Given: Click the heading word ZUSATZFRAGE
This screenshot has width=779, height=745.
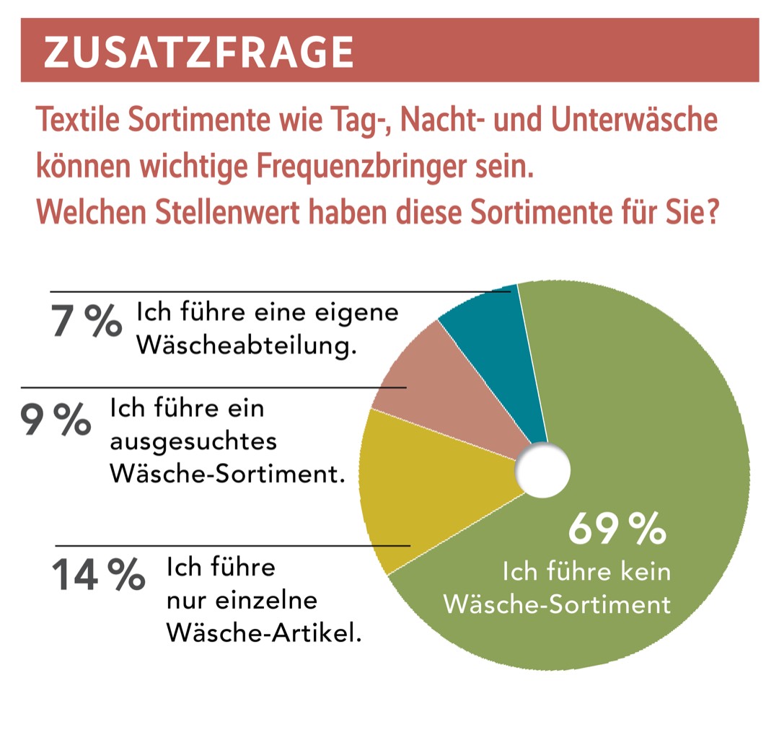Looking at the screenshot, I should (198, 51).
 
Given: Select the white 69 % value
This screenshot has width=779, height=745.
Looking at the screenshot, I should (617, 529).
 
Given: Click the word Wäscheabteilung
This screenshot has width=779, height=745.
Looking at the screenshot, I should (247, 347).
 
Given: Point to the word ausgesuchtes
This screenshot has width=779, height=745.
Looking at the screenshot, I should (193, 442).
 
